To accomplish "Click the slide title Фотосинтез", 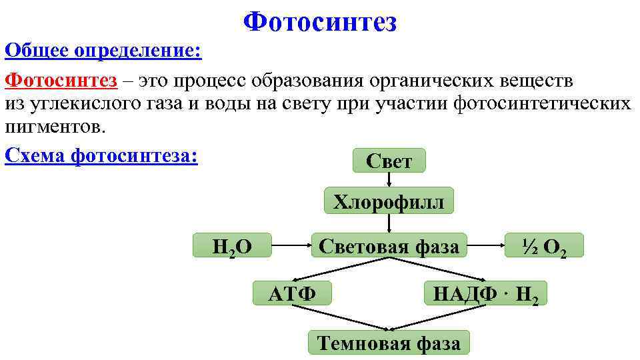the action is pos(320,22).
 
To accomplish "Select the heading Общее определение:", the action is pos(103,50).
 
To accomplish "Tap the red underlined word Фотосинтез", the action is pos(61,81).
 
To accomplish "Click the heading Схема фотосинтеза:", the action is pos(101,155).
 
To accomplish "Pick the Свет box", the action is pos(389,161).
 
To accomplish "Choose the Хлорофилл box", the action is pos(388,201).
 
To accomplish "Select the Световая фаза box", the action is pos(389,246).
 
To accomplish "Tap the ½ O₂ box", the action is pos(544,246).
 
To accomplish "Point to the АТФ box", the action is pos(292,293).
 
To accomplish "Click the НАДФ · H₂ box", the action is pos(485,293).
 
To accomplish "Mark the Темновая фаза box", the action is pos(389,343).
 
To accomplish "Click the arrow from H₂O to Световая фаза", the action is pos(291,245).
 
